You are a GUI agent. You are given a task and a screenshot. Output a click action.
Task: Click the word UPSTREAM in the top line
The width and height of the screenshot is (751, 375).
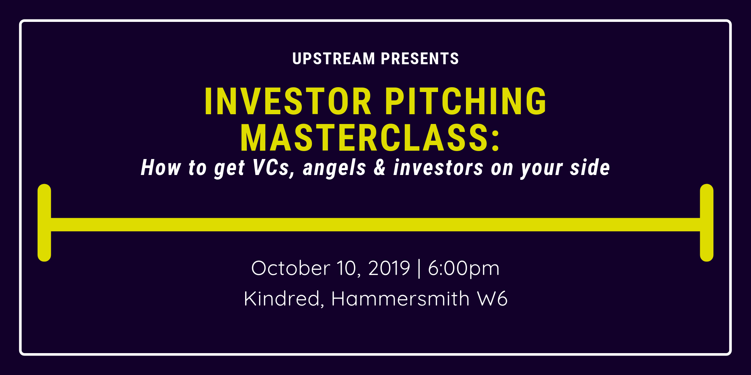pyautogui.click(x=333, y=59)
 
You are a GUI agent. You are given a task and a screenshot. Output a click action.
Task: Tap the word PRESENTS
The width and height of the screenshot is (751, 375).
pyautogui.click(x=420, y=59)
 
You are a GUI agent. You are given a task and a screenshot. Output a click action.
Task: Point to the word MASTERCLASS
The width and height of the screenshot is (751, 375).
pyautogui.click(x=365, y=138)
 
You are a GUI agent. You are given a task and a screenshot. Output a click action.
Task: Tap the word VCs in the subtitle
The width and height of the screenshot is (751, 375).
pyautogui.click(x=274, y=168)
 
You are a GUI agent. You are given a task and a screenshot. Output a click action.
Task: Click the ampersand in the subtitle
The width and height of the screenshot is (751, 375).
pyautogui.click(x=380, y=168)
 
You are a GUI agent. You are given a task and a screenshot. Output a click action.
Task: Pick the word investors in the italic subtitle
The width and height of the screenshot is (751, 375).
pyautogui.click(x=438, y=168)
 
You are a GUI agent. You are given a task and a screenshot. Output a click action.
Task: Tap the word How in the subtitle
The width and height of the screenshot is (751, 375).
pyautogui.click(x=161, y=168)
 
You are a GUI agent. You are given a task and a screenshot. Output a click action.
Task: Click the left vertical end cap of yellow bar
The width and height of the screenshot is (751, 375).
pyautogui.click(x=44, y=223)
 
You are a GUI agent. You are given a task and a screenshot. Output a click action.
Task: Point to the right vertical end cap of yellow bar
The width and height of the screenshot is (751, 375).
pyautogui.click(x=706, y=223)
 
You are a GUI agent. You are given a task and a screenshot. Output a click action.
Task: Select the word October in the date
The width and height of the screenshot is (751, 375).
pyautogui.click(x=291, y=268)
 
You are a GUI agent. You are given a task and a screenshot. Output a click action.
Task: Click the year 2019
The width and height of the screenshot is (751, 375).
pyautogui.click(x=389, y=268)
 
